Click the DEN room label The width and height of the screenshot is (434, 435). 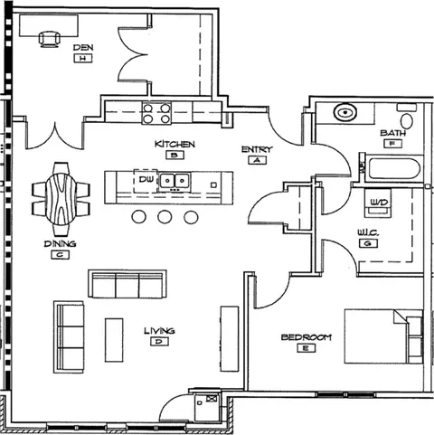click(83, 47)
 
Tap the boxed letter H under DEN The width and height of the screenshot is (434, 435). click(83, 58)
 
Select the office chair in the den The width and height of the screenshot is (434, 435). click(49, 39)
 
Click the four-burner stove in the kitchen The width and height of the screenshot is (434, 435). click(156, 113)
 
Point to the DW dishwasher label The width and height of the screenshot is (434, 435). click(146, 179)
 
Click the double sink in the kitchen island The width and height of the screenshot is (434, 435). click(175, 181)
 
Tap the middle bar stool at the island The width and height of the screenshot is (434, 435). click(165, 217)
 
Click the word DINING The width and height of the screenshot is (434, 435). click(60, 243)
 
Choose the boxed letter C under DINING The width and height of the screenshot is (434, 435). click(60, 255)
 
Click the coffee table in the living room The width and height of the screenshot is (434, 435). click(114, 340)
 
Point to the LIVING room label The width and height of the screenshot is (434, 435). click(159, 331)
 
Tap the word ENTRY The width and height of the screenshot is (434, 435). click(257, 149)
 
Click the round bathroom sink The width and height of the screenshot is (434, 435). click(345, 112)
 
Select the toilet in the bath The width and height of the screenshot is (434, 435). click(407, 118)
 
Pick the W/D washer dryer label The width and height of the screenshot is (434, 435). click(379, 203)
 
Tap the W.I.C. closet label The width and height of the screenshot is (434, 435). click(368, 232)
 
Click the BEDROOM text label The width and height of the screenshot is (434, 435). click(307, 337)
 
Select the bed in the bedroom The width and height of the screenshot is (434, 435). click(383, 336)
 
